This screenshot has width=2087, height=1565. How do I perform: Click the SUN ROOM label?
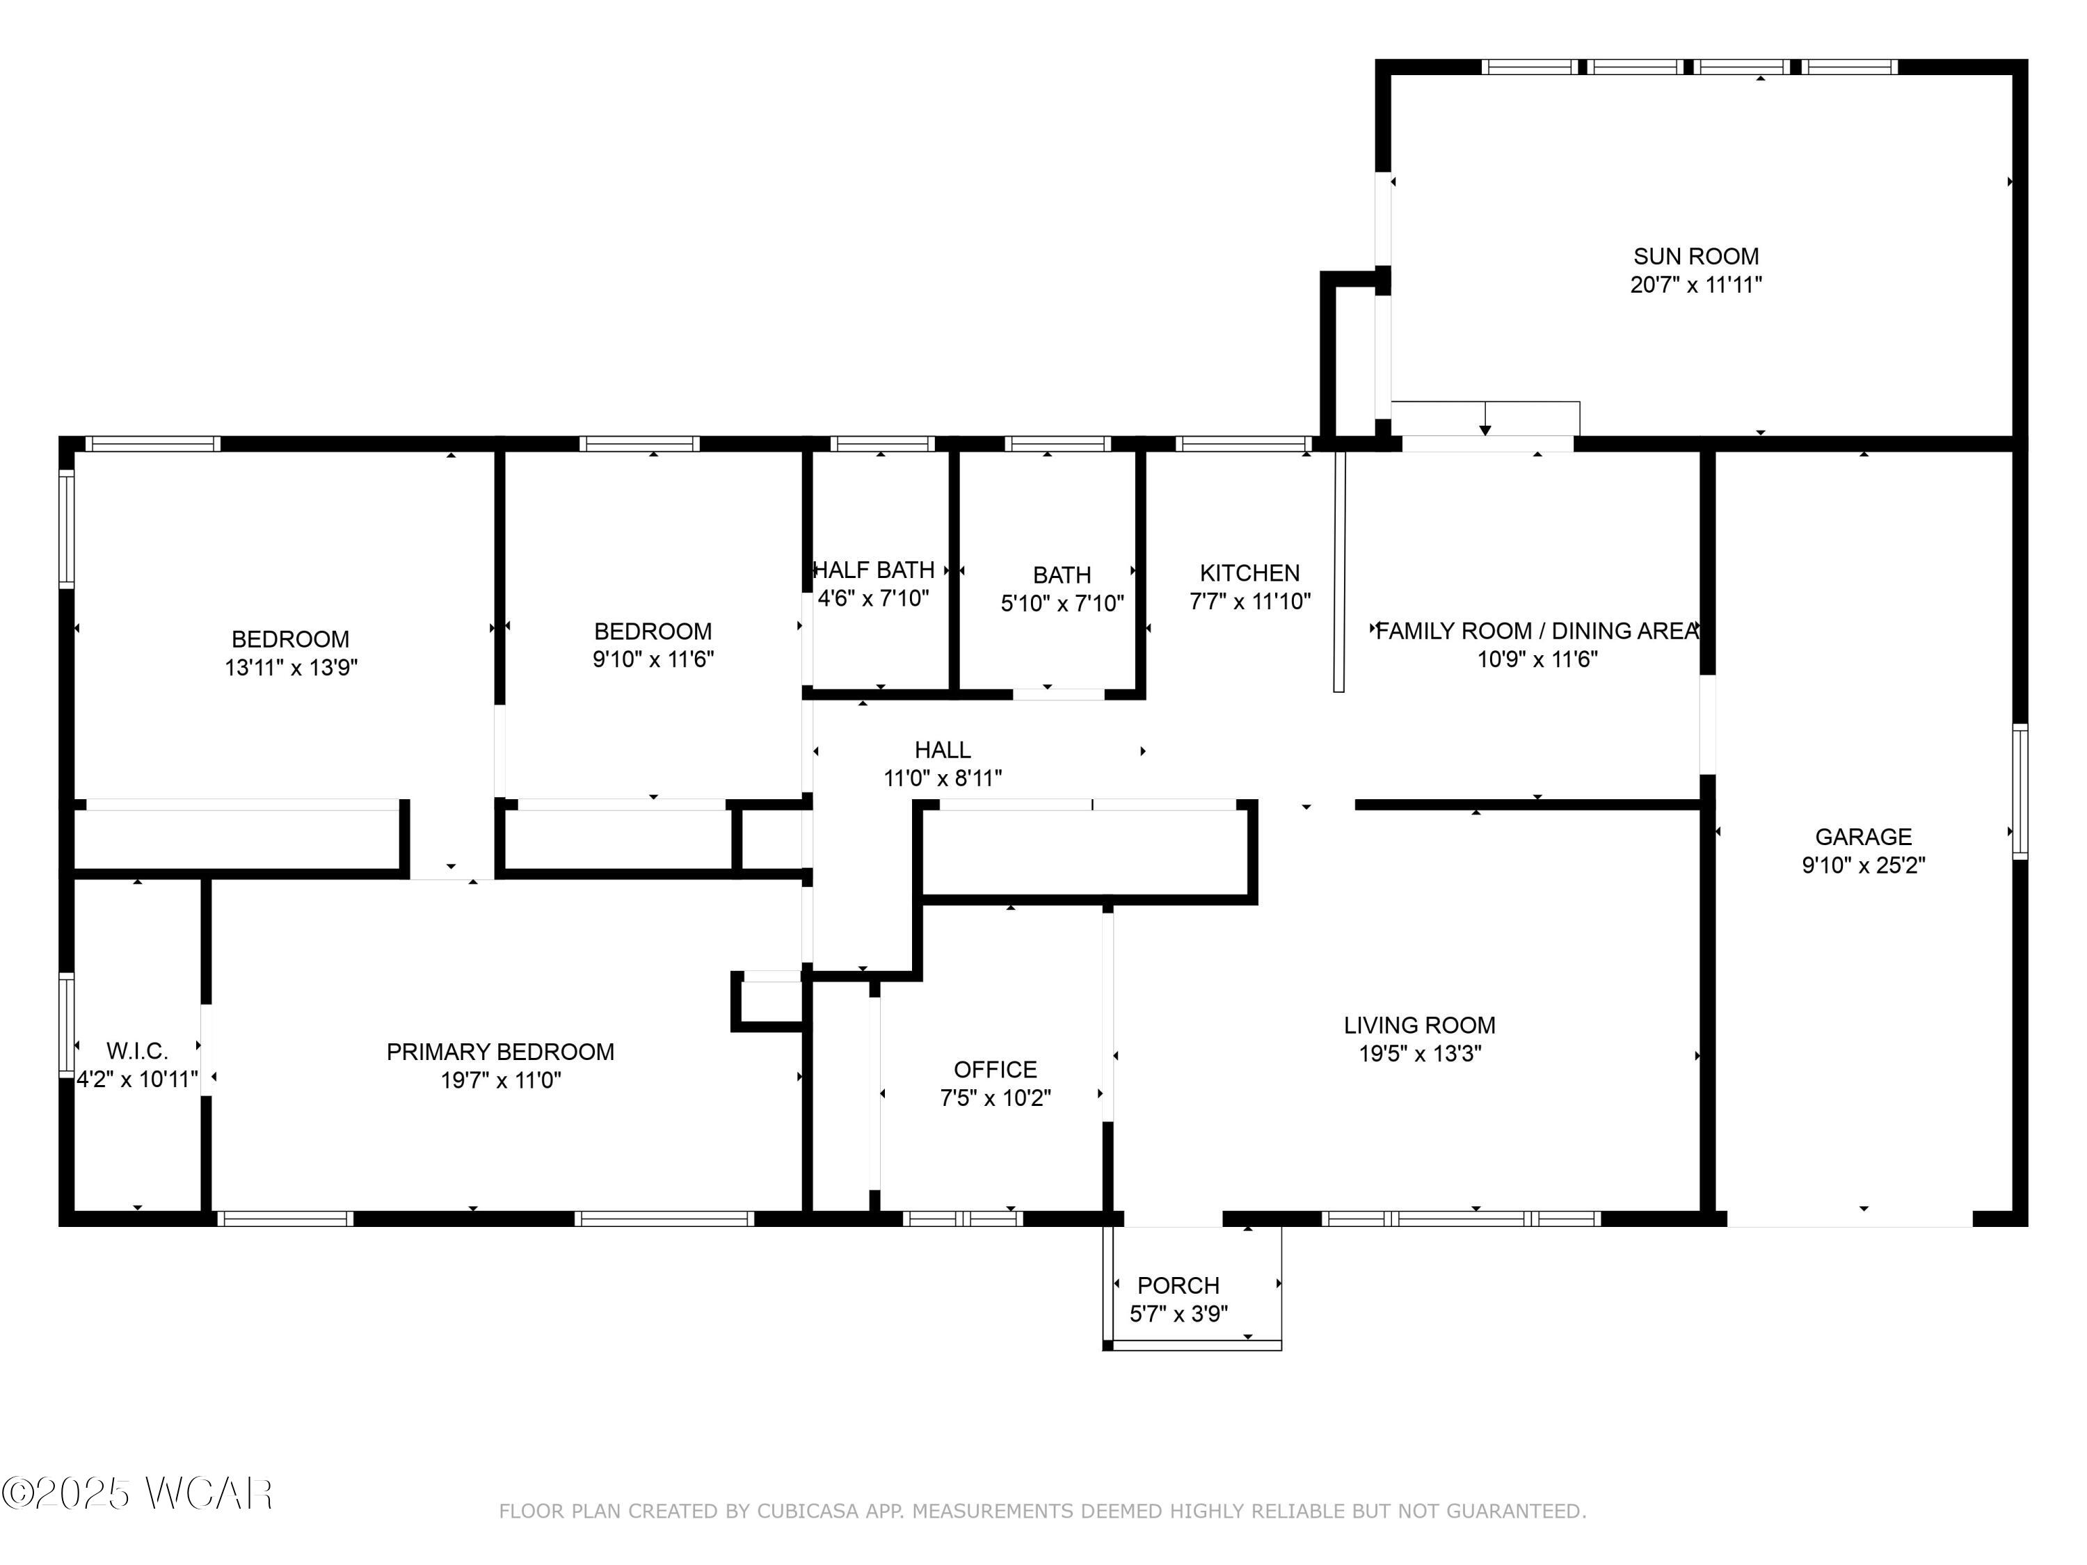tap(1695, 257)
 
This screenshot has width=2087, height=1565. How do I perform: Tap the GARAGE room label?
tap(1864, 837)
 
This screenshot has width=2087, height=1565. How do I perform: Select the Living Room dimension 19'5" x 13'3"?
tap(1420, 1054)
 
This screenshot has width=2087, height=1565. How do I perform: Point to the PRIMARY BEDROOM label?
tap(500, 1052)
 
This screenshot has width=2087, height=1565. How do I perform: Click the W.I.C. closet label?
tap(137, 1051)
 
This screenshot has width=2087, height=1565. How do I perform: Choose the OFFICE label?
tap(995, 1070)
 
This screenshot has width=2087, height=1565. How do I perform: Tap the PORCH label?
tap(1178, 1286)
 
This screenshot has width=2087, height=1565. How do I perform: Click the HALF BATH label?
tap(874, 570)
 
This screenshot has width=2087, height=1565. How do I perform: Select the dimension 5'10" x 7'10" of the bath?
tap(1062, 603)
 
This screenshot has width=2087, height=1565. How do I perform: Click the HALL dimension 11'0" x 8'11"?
tap(943, 778)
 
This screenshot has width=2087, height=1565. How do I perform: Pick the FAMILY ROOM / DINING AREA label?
tap(1537, 631)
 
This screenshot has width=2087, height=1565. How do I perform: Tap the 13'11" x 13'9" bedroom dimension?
tap(291, 668)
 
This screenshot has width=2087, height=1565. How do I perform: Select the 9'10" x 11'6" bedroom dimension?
tap(653, 659)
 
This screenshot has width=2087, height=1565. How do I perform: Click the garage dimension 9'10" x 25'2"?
tap(1864, 865)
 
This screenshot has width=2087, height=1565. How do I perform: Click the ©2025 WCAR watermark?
tap(138, 1494)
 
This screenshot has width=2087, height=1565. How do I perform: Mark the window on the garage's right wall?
tap(2020, 791)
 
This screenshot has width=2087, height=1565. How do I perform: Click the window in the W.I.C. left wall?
tap(67, 1025)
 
